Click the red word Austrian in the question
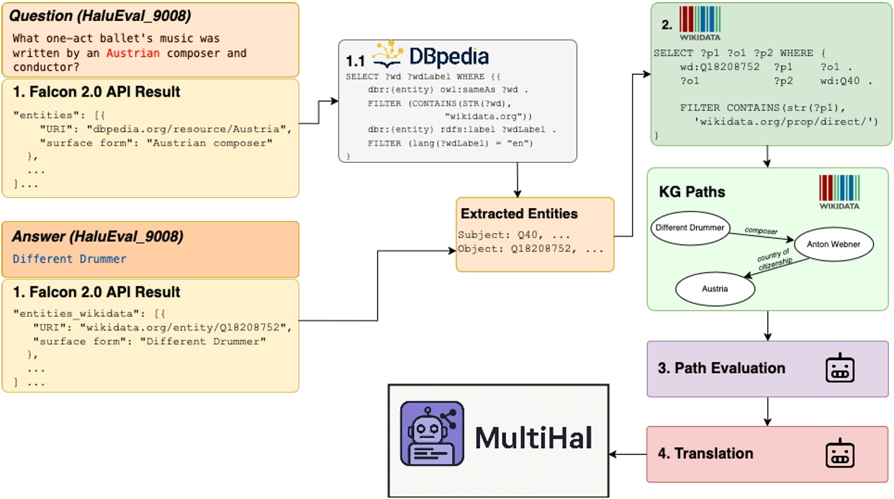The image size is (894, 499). tap(130, 53)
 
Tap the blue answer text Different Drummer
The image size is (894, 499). tap(70, 259)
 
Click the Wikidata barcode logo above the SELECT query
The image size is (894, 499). tap(700, 19)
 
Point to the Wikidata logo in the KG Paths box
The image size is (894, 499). tap(839, 191)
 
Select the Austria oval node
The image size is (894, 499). tap(715, 289)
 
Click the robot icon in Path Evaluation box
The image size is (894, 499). tap(839, 369)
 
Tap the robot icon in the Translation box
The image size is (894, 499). tap(839, 454)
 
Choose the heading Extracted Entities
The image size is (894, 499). tap(519, 214)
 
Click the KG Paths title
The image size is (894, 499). tap(692, 192)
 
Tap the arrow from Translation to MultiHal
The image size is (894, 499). tap(628, 454)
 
